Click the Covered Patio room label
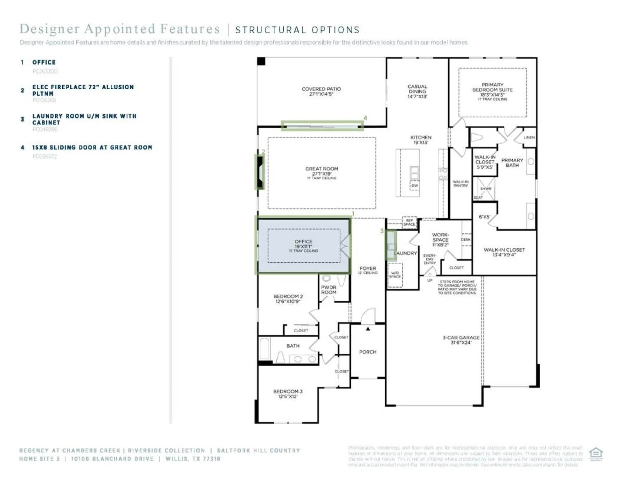point(321,91)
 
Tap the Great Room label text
point(321,171)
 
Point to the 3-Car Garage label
point(461,340)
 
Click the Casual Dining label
point(417,91)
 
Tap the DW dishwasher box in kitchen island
point(414,186)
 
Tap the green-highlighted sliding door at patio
point(322,126)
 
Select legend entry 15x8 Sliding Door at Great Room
point(92,148)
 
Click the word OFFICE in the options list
point(44,62)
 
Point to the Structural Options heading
point(297,30)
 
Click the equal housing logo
point(596,454)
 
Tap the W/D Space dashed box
point(395,275)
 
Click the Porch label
point(367,352)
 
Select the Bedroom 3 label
point(287,394)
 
